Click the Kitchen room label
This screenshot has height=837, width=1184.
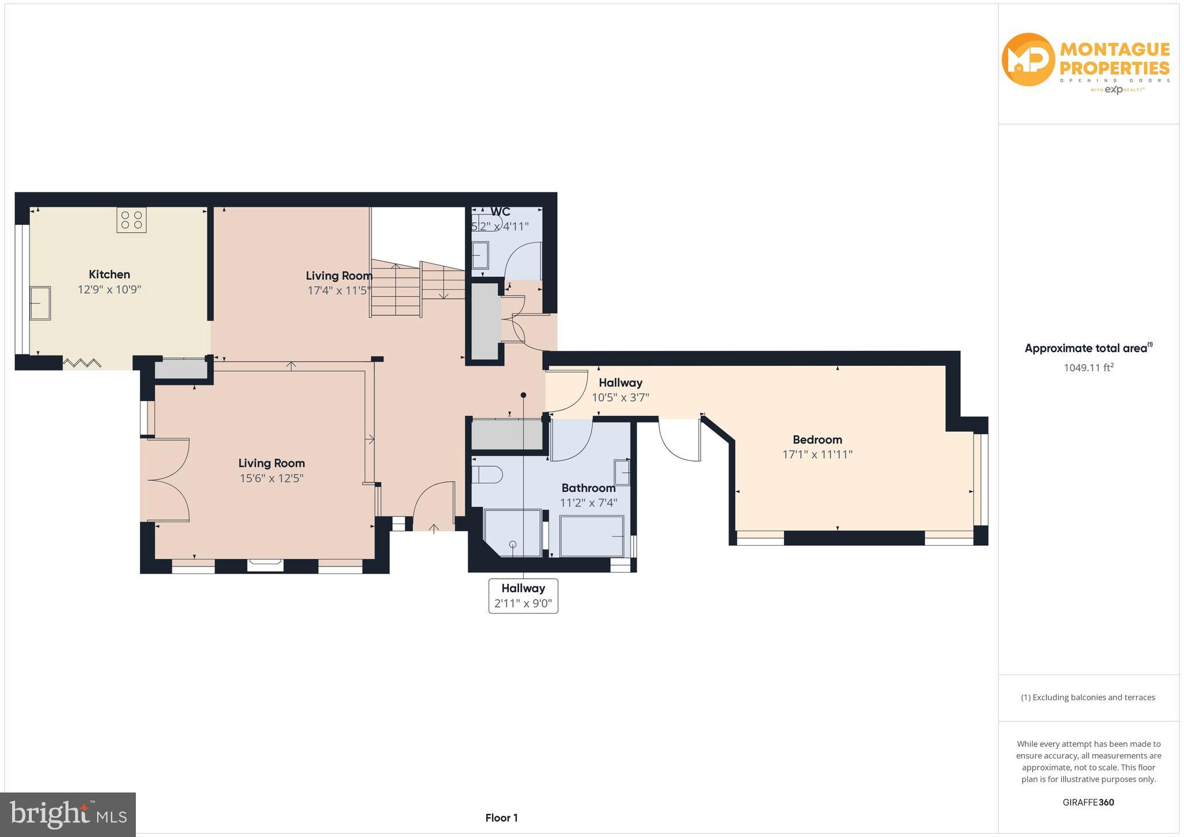click(x=109, y=275)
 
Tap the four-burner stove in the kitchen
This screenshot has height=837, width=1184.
click(x=131, y=220)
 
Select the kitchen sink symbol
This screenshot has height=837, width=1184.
click(x=40, y=303)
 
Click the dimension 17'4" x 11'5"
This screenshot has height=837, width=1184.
click(x=339, y=291)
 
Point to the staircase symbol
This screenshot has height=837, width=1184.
click(x=417, y=288)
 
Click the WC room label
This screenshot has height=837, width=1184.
click(x=500, y=212)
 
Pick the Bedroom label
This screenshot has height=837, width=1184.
click(x=817, y=440)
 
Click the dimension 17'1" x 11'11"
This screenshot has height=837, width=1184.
click(x=817, y=455)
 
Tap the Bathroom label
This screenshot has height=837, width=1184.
click(x=588, y=488)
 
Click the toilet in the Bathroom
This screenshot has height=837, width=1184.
click(x=486, y=475)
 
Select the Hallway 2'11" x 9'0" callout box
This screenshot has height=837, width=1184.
click(x=523, y=596)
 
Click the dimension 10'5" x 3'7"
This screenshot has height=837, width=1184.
click(x=620, y=398)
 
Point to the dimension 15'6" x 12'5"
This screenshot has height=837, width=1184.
click(x=271, y=479)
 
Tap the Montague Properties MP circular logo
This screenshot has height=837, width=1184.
click(x=1028, y=60)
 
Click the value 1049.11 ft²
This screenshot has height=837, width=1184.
click(x=1088, y=368)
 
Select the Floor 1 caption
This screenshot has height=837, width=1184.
click(x=501, y=818)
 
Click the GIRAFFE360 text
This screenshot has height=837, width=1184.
click(x=1088, y=802)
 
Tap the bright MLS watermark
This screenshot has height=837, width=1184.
click(x=68, y=814)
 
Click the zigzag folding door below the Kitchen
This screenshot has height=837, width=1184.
click(x=82, y=363)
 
